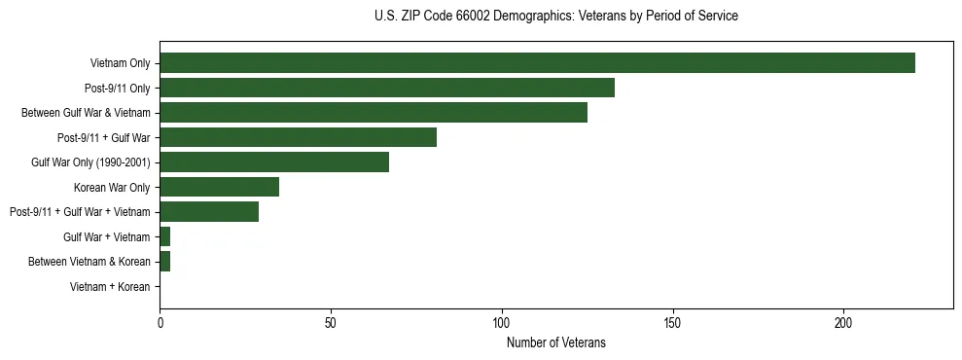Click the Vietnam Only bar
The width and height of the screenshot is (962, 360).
tap(537, 63)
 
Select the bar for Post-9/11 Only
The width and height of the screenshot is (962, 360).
tap(387, 88)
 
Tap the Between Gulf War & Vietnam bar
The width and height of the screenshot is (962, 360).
tap(374, 113)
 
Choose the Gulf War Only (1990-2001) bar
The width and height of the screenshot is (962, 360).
tap(274, 162)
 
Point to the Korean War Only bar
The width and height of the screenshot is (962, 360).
tap(219, 187)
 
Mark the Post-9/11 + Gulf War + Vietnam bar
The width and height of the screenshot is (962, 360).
tap(209, 212)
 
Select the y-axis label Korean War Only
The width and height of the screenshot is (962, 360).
tap(111, 188)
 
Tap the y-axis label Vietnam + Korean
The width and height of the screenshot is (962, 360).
tap(110, 287)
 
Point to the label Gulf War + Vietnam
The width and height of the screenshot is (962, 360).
tap(107, 237)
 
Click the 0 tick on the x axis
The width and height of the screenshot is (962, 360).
tap(160, 323)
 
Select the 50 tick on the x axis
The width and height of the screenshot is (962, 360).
tap(331, 323)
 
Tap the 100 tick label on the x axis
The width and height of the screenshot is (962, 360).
tap(502, 323)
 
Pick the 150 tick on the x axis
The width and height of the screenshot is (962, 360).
tap(673, 323)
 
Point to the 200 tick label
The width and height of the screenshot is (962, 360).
tap(843, 323)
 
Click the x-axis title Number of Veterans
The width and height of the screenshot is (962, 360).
tap(555, 342)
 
